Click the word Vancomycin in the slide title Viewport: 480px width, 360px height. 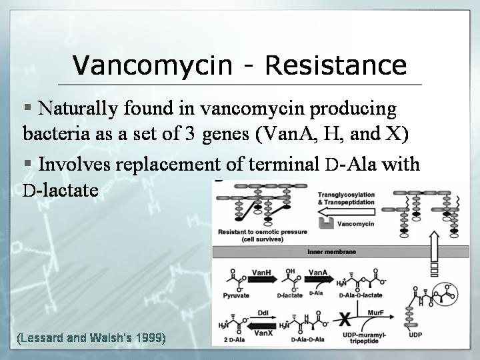pos(152,65)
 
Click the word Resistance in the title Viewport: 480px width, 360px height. pos(336,65)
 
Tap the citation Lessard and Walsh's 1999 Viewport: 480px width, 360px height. pos(91,338)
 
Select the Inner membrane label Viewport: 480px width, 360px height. pos(331,251)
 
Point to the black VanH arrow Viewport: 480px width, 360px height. pos(263,279)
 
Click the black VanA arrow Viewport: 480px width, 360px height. pos(319,279)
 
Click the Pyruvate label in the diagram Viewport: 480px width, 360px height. pos(236,296)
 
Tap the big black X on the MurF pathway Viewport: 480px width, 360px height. pos(345,319)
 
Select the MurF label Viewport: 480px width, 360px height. pos(375,313)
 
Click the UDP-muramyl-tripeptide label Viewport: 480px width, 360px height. pos(364,337)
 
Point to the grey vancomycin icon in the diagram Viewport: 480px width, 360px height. pos(326,223)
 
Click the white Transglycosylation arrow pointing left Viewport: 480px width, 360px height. pos(347,212)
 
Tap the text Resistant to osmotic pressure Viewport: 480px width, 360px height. pos(263,232)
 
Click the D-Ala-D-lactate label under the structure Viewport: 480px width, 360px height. pos(361,295)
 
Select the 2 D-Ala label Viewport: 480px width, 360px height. pos(234,339)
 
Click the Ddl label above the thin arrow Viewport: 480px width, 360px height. pos(263,313)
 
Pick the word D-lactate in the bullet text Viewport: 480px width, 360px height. pos(60,190)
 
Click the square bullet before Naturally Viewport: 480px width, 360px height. pos(28,107)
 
